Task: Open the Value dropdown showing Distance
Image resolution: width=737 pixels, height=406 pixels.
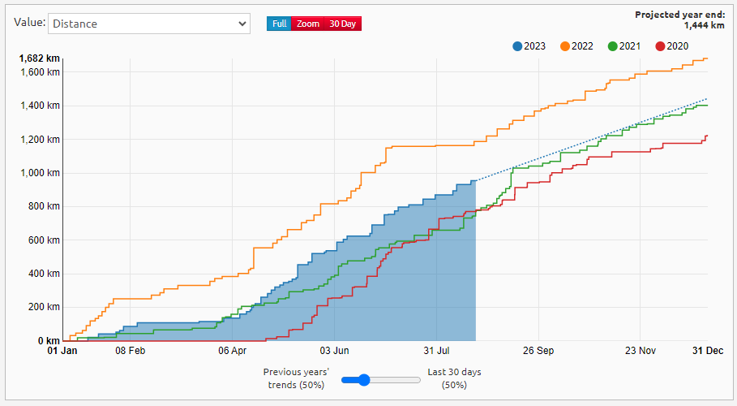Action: tap(148, 24)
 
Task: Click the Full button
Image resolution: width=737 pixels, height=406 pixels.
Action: tap(279, 24)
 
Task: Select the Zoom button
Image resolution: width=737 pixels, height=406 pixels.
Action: tap(308, 24)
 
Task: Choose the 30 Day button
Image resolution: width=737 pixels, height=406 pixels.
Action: tap(342, 24)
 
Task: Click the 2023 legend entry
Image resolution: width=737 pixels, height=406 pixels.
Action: tap(529, 46)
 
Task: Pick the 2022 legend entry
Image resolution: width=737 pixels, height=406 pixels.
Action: tap(576, 46)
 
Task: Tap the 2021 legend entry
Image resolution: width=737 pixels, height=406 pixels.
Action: tap(623, 46)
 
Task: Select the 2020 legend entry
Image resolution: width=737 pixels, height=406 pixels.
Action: tap(671, 46)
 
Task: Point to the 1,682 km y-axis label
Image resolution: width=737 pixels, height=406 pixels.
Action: tap(40, 58)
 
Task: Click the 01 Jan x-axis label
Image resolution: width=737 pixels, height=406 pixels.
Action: tap(62, 352)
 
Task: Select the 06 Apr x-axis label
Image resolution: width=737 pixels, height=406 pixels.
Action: tap(233, 352)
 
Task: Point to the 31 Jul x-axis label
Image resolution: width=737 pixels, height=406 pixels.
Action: tap(436, 352)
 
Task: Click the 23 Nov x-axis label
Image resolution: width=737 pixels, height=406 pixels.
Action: tap(641, 352)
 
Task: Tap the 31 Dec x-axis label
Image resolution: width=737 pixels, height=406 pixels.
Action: tap(708, 352)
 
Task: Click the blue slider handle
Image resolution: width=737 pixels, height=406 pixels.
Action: tap(364, 379)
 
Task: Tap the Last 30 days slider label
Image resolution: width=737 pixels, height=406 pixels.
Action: tap(454, 378)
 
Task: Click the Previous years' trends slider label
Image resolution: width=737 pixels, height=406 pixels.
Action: tap(296, 378)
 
